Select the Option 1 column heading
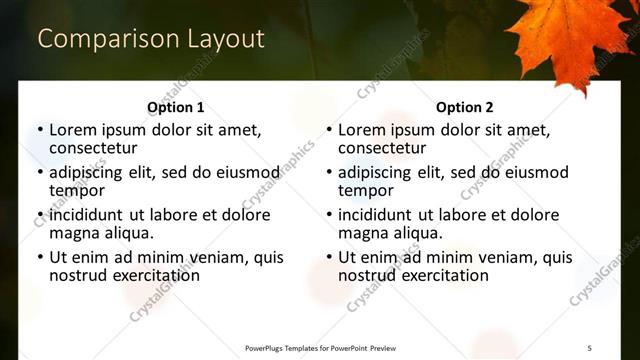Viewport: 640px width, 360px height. pos(176,107)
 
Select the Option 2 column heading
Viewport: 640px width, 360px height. pos(465,107)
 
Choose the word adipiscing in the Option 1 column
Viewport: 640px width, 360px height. pos(92,172)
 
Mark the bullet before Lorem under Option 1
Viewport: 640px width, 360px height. pos(39,130)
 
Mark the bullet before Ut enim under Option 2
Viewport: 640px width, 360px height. pos(328,257)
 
